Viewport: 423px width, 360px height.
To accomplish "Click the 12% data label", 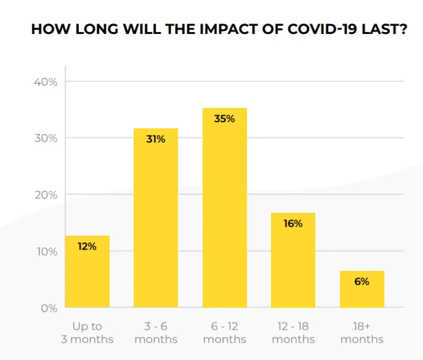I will pyautogui.click(x=87, y=247).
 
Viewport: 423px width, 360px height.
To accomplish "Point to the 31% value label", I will pyautogui.click(x=156, y=139).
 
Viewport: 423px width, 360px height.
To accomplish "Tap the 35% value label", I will pyautogui.click(x=225, y=118).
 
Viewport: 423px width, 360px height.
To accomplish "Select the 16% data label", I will pyautogui.click(x=293, y=224).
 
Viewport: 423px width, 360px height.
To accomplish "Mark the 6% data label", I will pyautogui.click(x=362, y=282).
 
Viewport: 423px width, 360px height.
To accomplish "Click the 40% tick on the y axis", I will pyautogui.click(x=45, y=82).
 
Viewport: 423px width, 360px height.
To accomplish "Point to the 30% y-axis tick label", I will pyautogui.click(x=45, y=138).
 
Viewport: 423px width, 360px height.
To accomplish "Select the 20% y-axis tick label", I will pyautogui.click(x=45, y=195).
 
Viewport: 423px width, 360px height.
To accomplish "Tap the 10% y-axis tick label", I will pyautogui.click(x=45, y=252).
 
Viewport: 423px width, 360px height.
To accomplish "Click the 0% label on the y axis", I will pyautogui.click(x=49, y=308).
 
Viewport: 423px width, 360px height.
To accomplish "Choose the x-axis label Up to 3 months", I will pyautogui.click(x=87, y=333).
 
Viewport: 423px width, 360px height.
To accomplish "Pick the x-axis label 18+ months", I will pyautogui.click(x=362, y=333).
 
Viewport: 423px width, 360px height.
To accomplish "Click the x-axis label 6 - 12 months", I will pyautogui.click(x=225, y=333).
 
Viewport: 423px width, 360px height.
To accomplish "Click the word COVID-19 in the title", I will pyautogui.click(x=323, y=29).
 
